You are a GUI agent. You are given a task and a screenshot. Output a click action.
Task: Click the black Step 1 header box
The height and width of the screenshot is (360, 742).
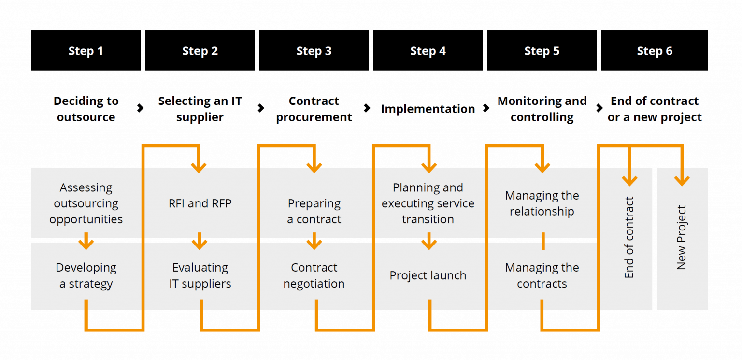86,51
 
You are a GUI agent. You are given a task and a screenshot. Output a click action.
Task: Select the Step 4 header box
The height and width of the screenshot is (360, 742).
428,51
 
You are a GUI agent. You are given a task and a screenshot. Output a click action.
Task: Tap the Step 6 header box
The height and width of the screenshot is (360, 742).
654,51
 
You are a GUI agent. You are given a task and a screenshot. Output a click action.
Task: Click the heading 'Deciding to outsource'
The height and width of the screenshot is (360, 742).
86,109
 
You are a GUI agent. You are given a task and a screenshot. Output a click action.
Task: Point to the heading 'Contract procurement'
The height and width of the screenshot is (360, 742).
314,109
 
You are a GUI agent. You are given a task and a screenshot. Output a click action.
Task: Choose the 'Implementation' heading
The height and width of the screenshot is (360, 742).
428,109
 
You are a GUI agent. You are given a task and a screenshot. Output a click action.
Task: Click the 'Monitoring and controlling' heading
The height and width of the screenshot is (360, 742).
542,109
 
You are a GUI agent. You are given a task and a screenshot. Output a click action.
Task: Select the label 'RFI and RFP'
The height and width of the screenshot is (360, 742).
200,203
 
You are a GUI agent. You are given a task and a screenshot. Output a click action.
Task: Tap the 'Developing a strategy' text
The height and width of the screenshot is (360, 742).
86,275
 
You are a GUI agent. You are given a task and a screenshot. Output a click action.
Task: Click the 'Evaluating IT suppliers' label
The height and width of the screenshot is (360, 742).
200,275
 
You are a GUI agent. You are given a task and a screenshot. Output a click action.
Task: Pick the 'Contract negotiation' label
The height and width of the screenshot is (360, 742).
314,275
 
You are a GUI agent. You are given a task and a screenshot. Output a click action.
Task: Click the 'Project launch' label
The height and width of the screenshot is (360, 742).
428,275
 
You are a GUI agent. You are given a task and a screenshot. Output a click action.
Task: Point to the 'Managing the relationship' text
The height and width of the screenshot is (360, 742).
542,203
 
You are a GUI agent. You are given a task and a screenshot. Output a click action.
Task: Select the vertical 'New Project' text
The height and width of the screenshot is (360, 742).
682,237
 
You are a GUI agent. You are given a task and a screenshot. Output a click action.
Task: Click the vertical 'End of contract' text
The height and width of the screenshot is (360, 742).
629,237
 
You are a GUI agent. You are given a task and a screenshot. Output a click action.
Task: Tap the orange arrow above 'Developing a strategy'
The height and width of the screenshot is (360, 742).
86,241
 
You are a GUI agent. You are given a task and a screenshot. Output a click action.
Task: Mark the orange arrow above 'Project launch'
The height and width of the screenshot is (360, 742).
428,241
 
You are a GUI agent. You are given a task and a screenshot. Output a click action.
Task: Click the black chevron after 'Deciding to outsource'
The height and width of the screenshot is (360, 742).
141,108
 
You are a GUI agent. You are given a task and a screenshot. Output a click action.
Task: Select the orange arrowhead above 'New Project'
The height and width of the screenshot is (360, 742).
682,180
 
